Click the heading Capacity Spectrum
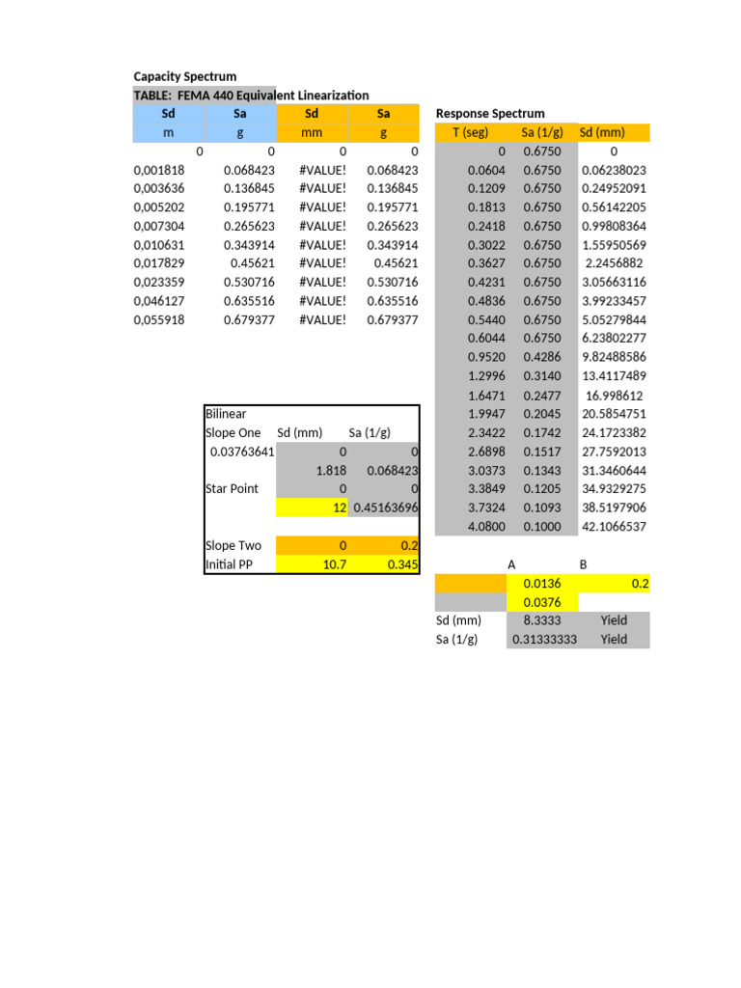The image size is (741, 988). pos(184,76)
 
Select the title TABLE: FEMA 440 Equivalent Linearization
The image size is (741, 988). pos(251,95)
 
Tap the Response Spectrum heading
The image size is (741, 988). pos(490,113)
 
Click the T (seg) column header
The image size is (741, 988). pos(471,132)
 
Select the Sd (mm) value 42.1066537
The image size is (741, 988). pos(614,527)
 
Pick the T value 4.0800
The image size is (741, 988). pos(486,527)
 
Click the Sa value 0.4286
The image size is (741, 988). pos(541,357)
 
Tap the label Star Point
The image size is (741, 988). pos(232,488)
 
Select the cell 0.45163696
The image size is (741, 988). pos(385,508)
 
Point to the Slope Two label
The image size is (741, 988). pos(233,545)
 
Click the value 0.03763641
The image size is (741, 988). pos(240,452)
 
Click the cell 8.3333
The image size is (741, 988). pos(542,620)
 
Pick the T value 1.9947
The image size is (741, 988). pos(486,414)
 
